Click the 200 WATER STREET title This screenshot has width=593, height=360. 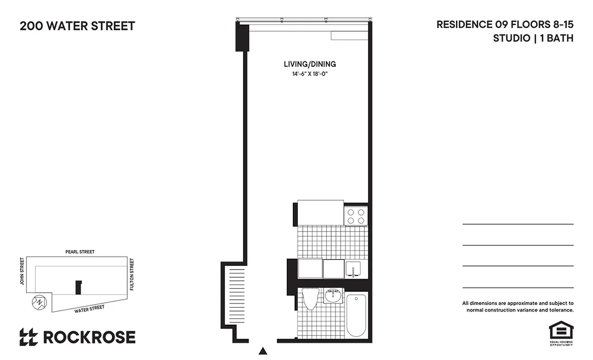(77, 26)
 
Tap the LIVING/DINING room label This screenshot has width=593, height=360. (310, 64)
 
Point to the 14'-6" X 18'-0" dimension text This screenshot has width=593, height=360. (310, 74)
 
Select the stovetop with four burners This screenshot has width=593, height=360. (355, 216)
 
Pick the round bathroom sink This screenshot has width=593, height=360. (333, 296)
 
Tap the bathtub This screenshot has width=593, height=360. (356, 315)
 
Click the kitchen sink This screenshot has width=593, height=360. (356, 269)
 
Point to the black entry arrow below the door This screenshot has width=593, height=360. (264, 351)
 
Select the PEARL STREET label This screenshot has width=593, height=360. (80, 252)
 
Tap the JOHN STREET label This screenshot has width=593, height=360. (21, 271)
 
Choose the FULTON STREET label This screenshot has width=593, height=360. (132, 274)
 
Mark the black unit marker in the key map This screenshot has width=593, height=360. (78, 287)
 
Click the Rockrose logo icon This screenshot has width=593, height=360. (28, 337)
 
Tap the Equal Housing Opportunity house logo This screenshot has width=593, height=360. (561, 331)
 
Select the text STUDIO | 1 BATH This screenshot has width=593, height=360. (533, 38)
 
